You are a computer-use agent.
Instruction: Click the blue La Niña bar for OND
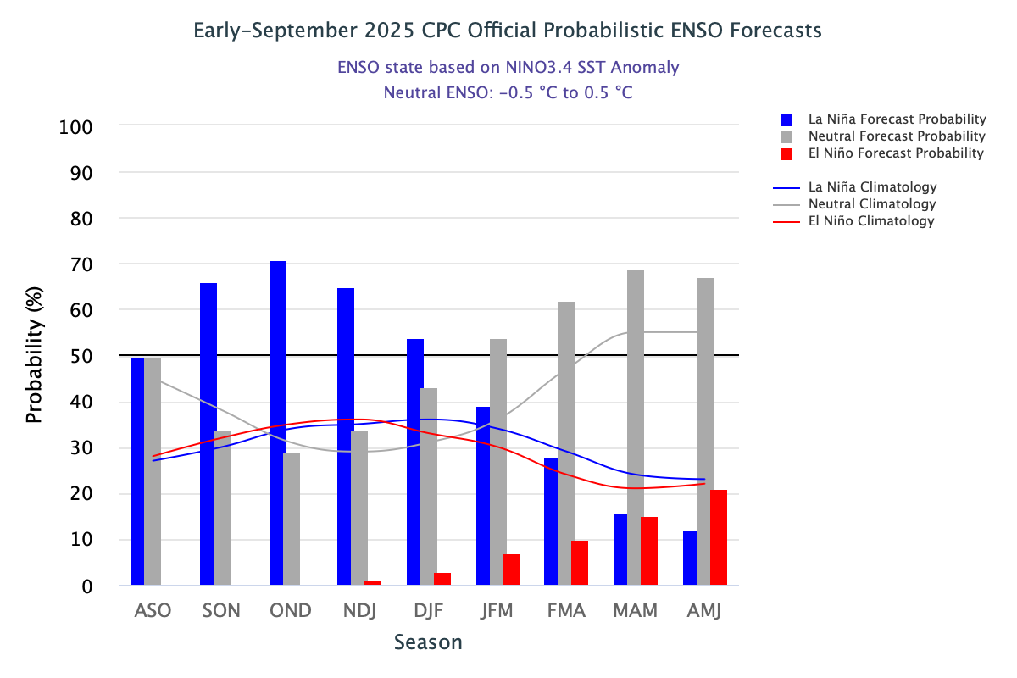[x=278, y=423]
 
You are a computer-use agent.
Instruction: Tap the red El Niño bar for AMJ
[x=719, y=537]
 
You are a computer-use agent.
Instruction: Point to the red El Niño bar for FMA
[x=580, y=563]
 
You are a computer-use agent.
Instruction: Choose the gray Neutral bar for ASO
[x=153, y=471]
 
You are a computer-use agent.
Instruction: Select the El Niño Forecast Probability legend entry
[x=884, y=153]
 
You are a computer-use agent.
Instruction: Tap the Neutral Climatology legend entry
[x=871, y=204]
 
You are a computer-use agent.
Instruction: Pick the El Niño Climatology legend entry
[x=870, y=221]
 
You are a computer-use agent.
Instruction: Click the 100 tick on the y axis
[x=75, y=127]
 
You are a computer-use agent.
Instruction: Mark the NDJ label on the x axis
[x=359, y=610]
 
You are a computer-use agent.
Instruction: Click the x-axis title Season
[x=429, y=642]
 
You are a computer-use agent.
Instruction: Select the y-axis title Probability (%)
[x=34, y=356]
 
